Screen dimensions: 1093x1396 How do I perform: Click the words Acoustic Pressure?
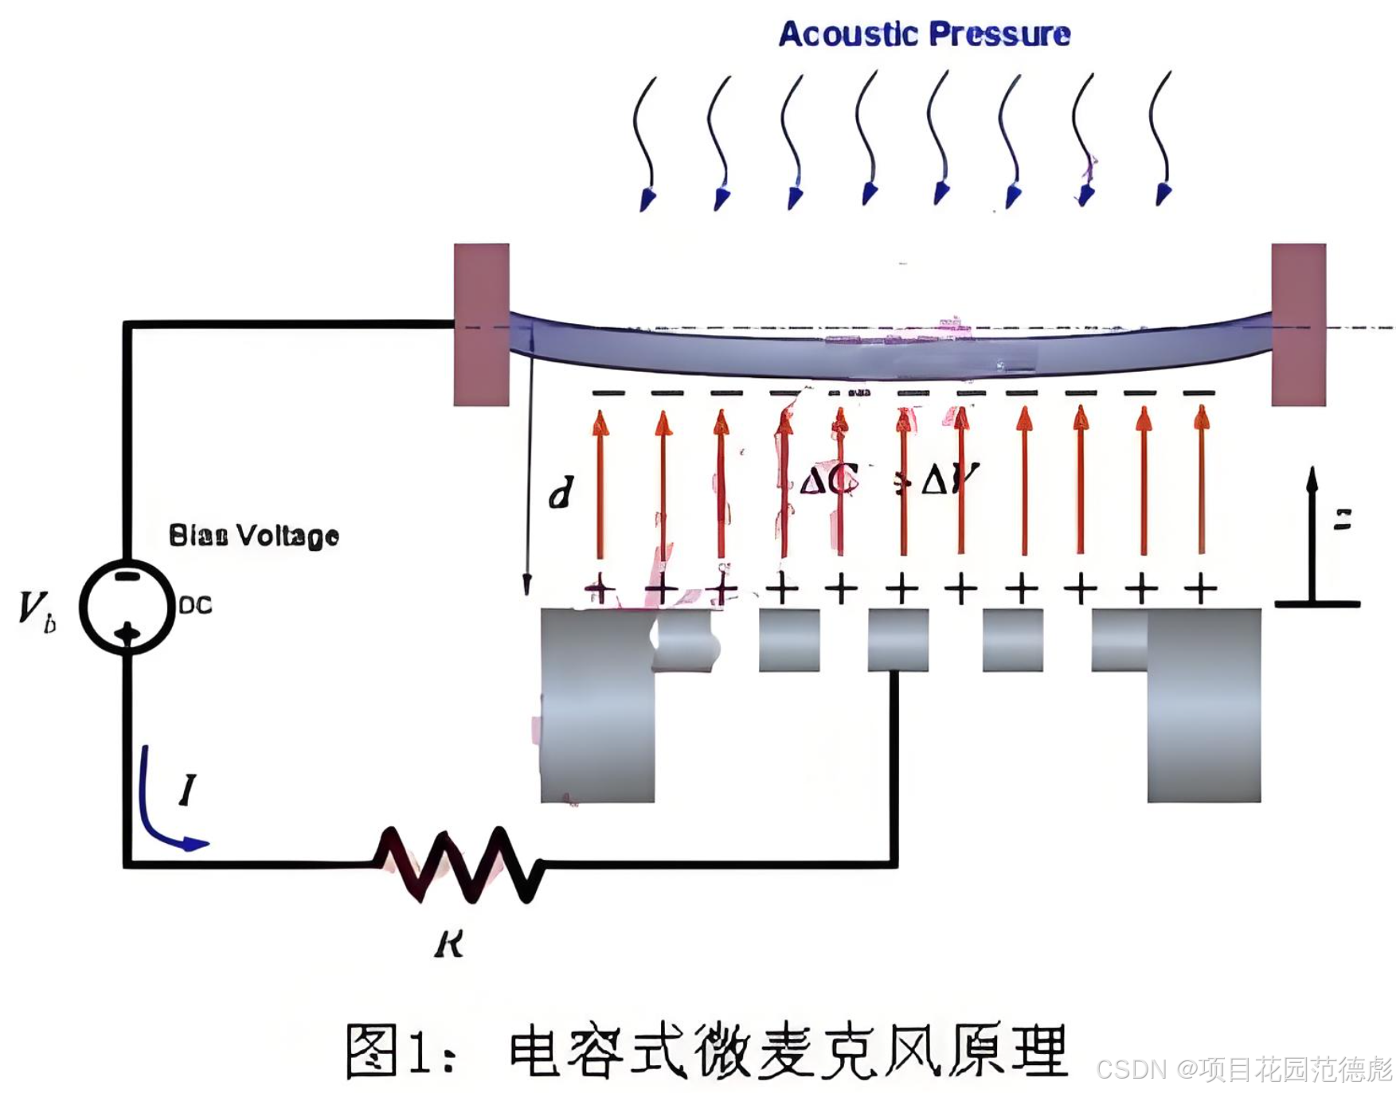924,34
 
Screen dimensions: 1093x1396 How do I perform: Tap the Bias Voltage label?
253,535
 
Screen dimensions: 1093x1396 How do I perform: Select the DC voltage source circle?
127,607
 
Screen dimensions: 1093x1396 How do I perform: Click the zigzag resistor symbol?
459,865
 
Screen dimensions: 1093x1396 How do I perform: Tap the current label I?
187,790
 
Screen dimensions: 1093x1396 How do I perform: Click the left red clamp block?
481,324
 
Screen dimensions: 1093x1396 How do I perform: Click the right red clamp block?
1298,324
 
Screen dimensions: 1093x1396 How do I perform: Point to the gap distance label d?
561,494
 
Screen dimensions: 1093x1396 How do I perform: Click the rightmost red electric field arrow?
1201,482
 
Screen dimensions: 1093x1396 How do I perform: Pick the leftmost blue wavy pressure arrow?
645,143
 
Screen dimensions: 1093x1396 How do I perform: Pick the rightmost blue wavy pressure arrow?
1163,139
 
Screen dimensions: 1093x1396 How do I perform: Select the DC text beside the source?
195,606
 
